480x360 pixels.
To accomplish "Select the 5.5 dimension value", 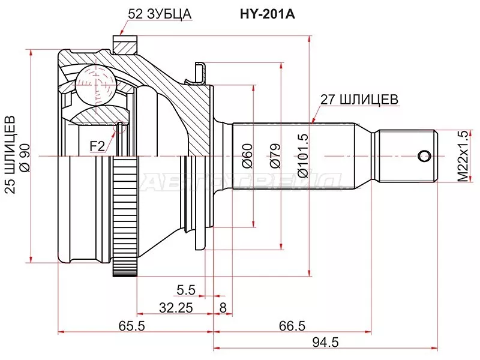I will click(x=186, y=290).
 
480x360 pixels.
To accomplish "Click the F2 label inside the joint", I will click(x=97, y=145).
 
